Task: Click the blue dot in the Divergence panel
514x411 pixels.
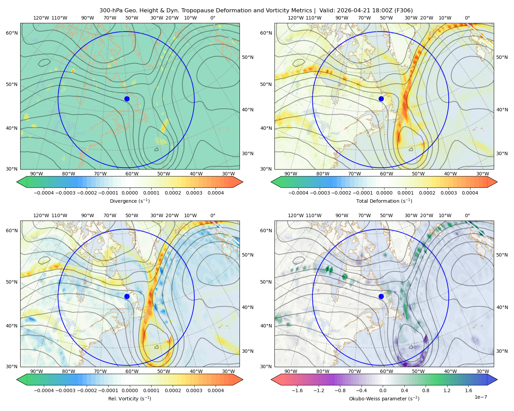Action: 127,99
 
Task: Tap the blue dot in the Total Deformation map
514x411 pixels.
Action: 381,99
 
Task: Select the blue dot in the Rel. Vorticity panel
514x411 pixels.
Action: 127,296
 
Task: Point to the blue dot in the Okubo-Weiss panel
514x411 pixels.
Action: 381,296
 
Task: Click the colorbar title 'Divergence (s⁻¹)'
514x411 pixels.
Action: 130,201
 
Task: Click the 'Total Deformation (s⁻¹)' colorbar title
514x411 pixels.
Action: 384,201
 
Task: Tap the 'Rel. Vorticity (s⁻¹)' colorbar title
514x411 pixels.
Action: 130,399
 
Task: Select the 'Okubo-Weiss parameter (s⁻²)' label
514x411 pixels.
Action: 384,399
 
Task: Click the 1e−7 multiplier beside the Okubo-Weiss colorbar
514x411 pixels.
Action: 480,397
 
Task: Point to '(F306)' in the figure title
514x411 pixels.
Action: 404,11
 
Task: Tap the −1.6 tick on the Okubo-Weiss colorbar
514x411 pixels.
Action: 297,390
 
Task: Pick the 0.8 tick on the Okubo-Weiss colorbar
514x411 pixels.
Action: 426,390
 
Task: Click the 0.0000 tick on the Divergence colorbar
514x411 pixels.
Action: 130,193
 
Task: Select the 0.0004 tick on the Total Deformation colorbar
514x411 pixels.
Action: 470,193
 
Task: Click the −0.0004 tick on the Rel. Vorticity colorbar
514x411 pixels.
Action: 44,390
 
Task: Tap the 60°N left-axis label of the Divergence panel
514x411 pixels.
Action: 12,33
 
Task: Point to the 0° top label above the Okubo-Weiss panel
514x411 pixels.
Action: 467,215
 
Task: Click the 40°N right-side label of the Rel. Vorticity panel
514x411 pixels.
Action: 248,307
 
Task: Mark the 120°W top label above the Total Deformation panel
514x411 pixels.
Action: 295,18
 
